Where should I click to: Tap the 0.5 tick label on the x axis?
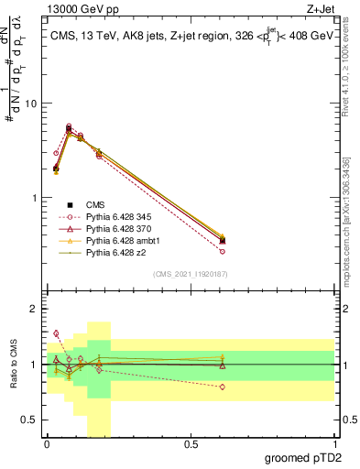[x=191, y=447]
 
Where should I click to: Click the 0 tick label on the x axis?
[x=47, y=447]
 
